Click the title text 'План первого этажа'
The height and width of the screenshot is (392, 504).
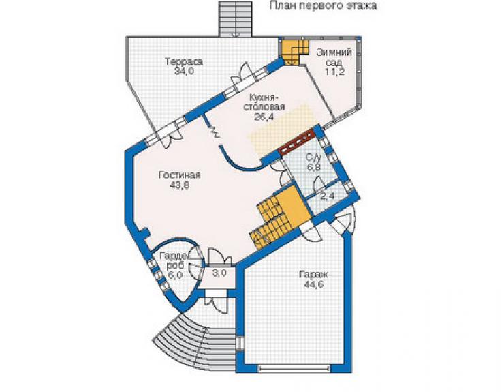pos(323,5)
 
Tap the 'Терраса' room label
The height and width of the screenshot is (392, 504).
pos(184,61)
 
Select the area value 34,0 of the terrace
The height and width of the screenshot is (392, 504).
pos(184,71)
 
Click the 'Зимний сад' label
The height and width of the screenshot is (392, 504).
pos(334,57)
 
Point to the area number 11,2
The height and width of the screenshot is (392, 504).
pos(334,72)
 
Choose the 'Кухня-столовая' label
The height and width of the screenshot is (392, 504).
pos(264,102)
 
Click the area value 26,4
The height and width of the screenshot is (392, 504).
pos(264,117)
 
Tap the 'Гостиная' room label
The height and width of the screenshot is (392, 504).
pos(179,175)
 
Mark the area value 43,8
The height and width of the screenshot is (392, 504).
pos(179,185)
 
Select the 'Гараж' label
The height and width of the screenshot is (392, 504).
pos(313,275)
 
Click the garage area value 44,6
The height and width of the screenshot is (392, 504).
pos(313,284)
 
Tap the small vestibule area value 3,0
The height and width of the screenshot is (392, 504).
pos(219,273)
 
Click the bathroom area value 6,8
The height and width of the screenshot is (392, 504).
pos(314,167)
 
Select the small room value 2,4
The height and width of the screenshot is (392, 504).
pos(328,196)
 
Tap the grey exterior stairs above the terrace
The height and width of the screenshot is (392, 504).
pos(236,18)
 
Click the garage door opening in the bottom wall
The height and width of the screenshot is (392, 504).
pos(294,369)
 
